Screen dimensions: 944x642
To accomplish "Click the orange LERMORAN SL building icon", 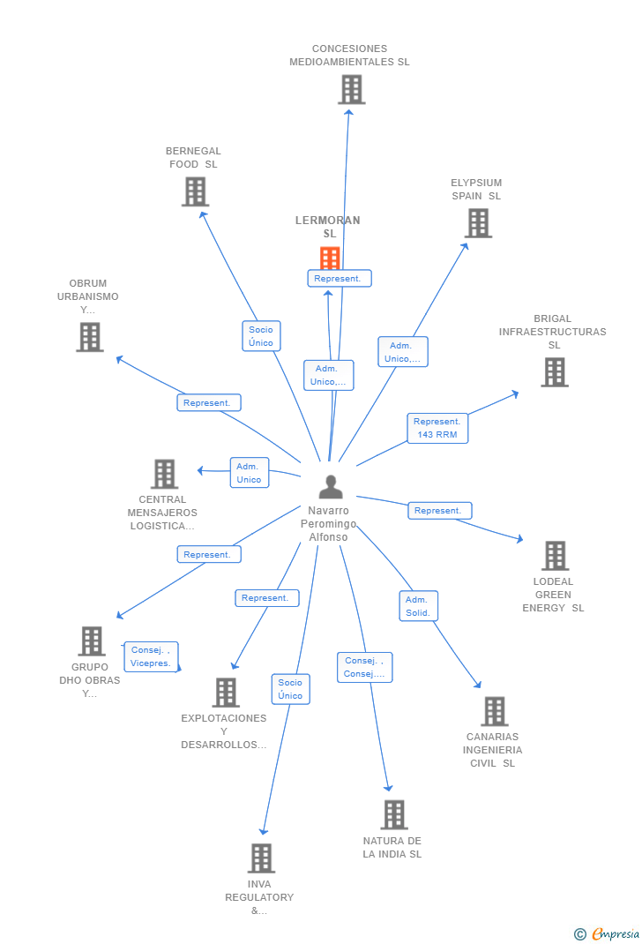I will (x=330, y=258).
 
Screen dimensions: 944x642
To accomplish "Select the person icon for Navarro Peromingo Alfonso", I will (x=331, y=487).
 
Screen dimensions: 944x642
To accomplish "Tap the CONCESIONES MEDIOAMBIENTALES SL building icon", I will (x=351, y=89).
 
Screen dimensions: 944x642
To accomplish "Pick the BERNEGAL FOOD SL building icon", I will (x=195, y=191).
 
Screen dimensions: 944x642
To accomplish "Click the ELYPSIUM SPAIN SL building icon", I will (x=478, y=223).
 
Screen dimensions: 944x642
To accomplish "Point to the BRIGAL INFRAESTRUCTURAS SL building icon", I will (x=554, y=372).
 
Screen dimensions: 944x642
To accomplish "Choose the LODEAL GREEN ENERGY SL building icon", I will (x=555, y=556).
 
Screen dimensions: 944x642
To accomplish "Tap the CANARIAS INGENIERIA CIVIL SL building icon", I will (x=494, y=711).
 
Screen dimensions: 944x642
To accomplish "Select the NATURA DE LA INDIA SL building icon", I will (x=393, y=814).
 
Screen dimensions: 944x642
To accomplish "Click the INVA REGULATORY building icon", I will (x=261, y=858).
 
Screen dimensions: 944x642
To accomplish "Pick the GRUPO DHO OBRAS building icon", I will (x=91, y=641).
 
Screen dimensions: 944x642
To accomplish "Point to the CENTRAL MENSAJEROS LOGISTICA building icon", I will (x=164, y=474).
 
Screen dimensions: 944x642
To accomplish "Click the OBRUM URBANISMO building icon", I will (x=89, y=337).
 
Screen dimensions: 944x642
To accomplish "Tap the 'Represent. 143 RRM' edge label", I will (x=437, y=428).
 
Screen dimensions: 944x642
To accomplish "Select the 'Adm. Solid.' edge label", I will (x=418, y=606).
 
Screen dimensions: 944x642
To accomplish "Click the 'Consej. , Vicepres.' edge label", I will (x=151, y=656).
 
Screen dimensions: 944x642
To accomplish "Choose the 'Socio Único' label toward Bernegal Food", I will (x=261, y=336).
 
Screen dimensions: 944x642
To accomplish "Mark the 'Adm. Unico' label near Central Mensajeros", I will (x=249, y=473).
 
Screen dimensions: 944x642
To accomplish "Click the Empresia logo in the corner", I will (x=608, y=933).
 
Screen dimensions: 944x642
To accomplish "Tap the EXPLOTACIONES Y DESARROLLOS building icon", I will (x=226, y=693).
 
